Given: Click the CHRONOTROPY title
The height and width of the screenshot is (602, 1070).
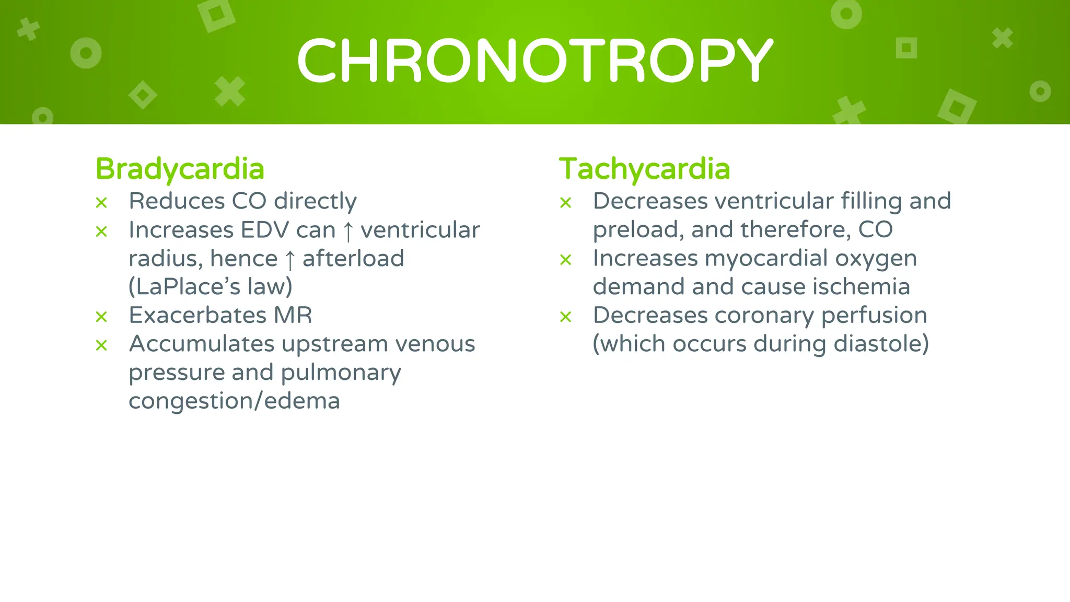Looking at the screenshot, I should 534,61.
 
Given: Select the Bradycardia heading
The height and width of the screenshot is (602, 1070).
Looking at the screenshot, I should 180,169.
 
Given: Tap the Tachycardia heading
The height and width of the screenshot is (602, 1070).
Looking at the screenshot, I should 644,169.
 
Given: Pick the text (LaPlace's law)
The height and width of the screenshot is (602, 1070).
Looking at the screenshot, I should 211,286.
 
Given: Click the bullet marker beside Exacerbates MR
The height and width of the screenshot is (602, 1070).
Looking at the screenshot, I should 101,317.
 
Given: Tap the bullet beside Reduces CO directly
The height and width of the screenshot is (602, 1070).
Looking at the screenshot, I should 101,203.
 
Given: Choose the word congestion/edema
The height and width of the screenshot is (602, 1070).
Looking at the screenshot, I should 234,401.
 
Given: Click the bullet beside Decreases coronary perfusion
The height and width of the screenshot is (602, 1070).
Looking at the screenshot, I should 565,317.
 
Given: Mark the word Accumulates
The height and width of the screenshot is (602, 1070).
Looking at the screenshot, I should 202,344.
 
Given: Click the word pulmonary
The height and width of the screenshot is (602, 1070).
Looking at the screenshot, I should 341,373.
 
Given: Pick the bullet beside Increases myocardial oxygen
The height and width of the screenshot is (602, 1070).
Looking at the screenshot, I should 565,260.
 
